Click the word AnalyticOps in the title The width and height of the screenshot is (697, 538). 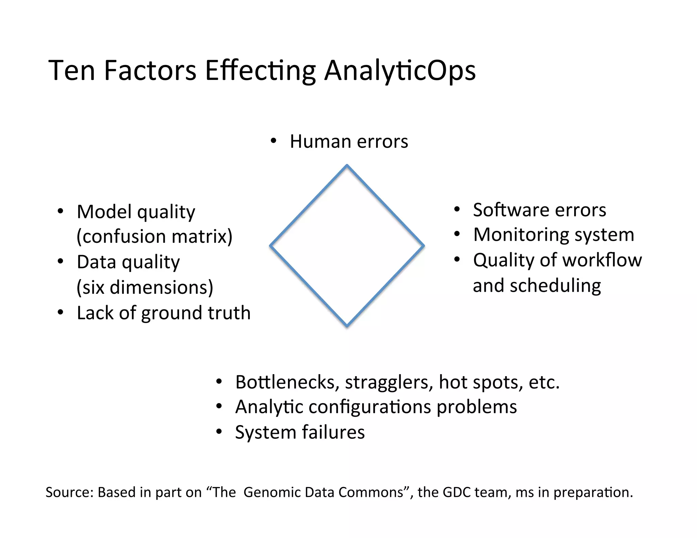pyautogui.click(x=400, y=71)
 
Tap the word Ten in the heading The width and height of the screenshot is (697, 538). pyautogui.click(x=71, y=71)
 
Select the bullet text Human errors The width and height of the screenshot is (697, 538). pyautogui.click(x=348, y=141)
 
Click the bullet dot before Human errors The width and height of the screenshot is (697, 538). pyautogui.click(x=273, y=141)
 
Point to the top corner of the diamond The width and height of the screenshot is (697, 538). pyautogui.click(x=347, y=166)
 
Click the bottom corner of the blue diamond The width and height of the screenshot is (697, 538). pyautogui.click(x=347, y=326)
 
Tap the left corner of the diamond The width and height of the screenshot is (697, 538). pyautogui.click(x=271, y=246)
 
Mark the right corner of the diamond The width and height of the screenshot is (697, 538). pyautogui.click(x=423, y=246)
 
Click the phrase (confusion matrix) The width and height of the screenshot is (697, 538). pyautogui.click(x=155, y=236)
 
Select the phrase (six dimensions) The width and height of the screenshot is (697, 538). pyautogui.click(x=145, y=287)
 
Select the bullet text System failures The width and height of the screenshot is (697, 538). pyautogui.click(x=299, y=432)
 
